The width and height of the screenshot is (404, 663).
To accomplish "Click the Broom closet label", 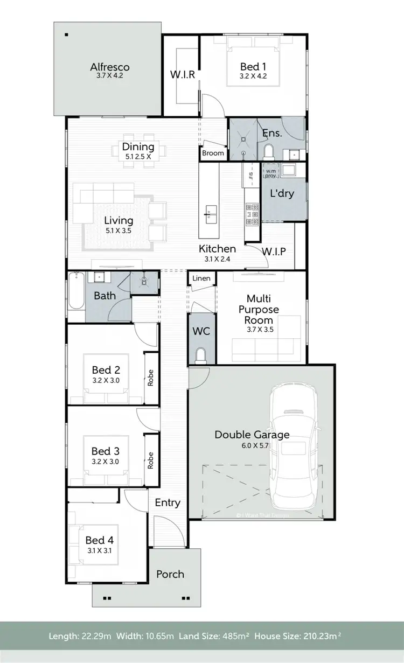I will pos(213,153).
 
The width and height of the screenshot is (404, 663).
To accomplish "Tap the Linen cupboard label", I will pos(201,278).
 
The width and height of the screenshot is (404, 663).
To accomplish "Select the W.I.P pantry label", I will pos(274,252).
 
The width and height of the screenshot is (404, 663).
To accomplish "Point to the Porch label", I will pos(170,574).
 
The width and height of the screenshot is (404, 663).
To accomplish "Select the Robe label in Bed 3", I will pos(151,459).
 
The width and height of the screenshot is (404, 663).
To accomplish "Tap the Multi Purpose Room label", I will pos(262,309).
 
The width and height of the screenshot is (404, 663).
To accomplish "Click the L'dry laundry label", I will pos(282,192).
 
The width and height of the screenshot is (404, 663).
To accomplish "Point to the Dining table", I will pos(138,156).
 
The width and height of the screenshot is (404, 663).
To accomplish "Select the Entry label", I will pos(168,503).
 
